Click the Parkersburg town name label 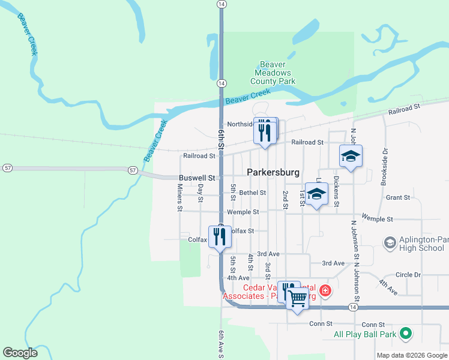point(273,172)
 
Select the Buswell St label point(197,178)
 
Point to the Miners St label point(179,197)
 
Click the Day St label point(200,191)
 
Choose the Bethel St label point(252,193)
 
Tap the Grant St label point(398,197)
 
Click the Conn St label point(321,323)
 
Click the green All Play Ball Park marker point(406,334)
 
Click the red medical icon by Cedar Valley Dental point(325,291)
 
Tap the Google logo point(20,353)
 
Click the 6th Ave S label point(221,343)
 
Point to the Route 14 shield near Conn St point(352,307)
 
